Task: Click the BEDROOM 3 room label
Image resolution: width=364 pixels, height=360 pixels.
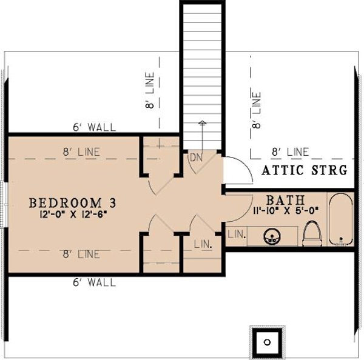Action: (x=72, y=202)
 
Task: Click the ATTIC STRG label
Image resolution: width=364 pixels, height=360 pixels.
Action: (x=305, y=170)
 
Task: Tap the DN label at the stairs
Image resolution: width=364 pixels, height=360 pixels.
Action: (x=196, y=157)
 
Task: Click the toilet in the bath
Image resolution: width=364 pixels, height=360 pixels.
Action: (x=312, y=234)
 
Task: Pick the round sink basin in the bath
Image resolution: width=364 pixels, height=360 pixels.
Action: (x=272, y=236)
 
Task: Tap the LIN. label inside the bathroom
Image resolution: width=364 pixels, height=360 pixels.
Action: (x=236, y=233)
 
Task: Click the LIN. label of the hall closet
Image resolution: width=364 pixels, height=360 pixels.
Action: (x=203, y=244)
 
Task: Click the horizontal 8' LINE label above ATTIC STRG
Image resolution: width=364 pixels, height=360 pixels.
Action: (x=290, y=152)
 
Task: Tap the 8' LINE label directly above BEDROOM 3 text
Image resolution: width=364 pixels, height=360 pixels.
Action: (x=80, y=152)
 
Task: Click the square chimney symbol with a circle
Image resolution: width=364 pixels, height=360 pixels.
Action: (x=266, y=342)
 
